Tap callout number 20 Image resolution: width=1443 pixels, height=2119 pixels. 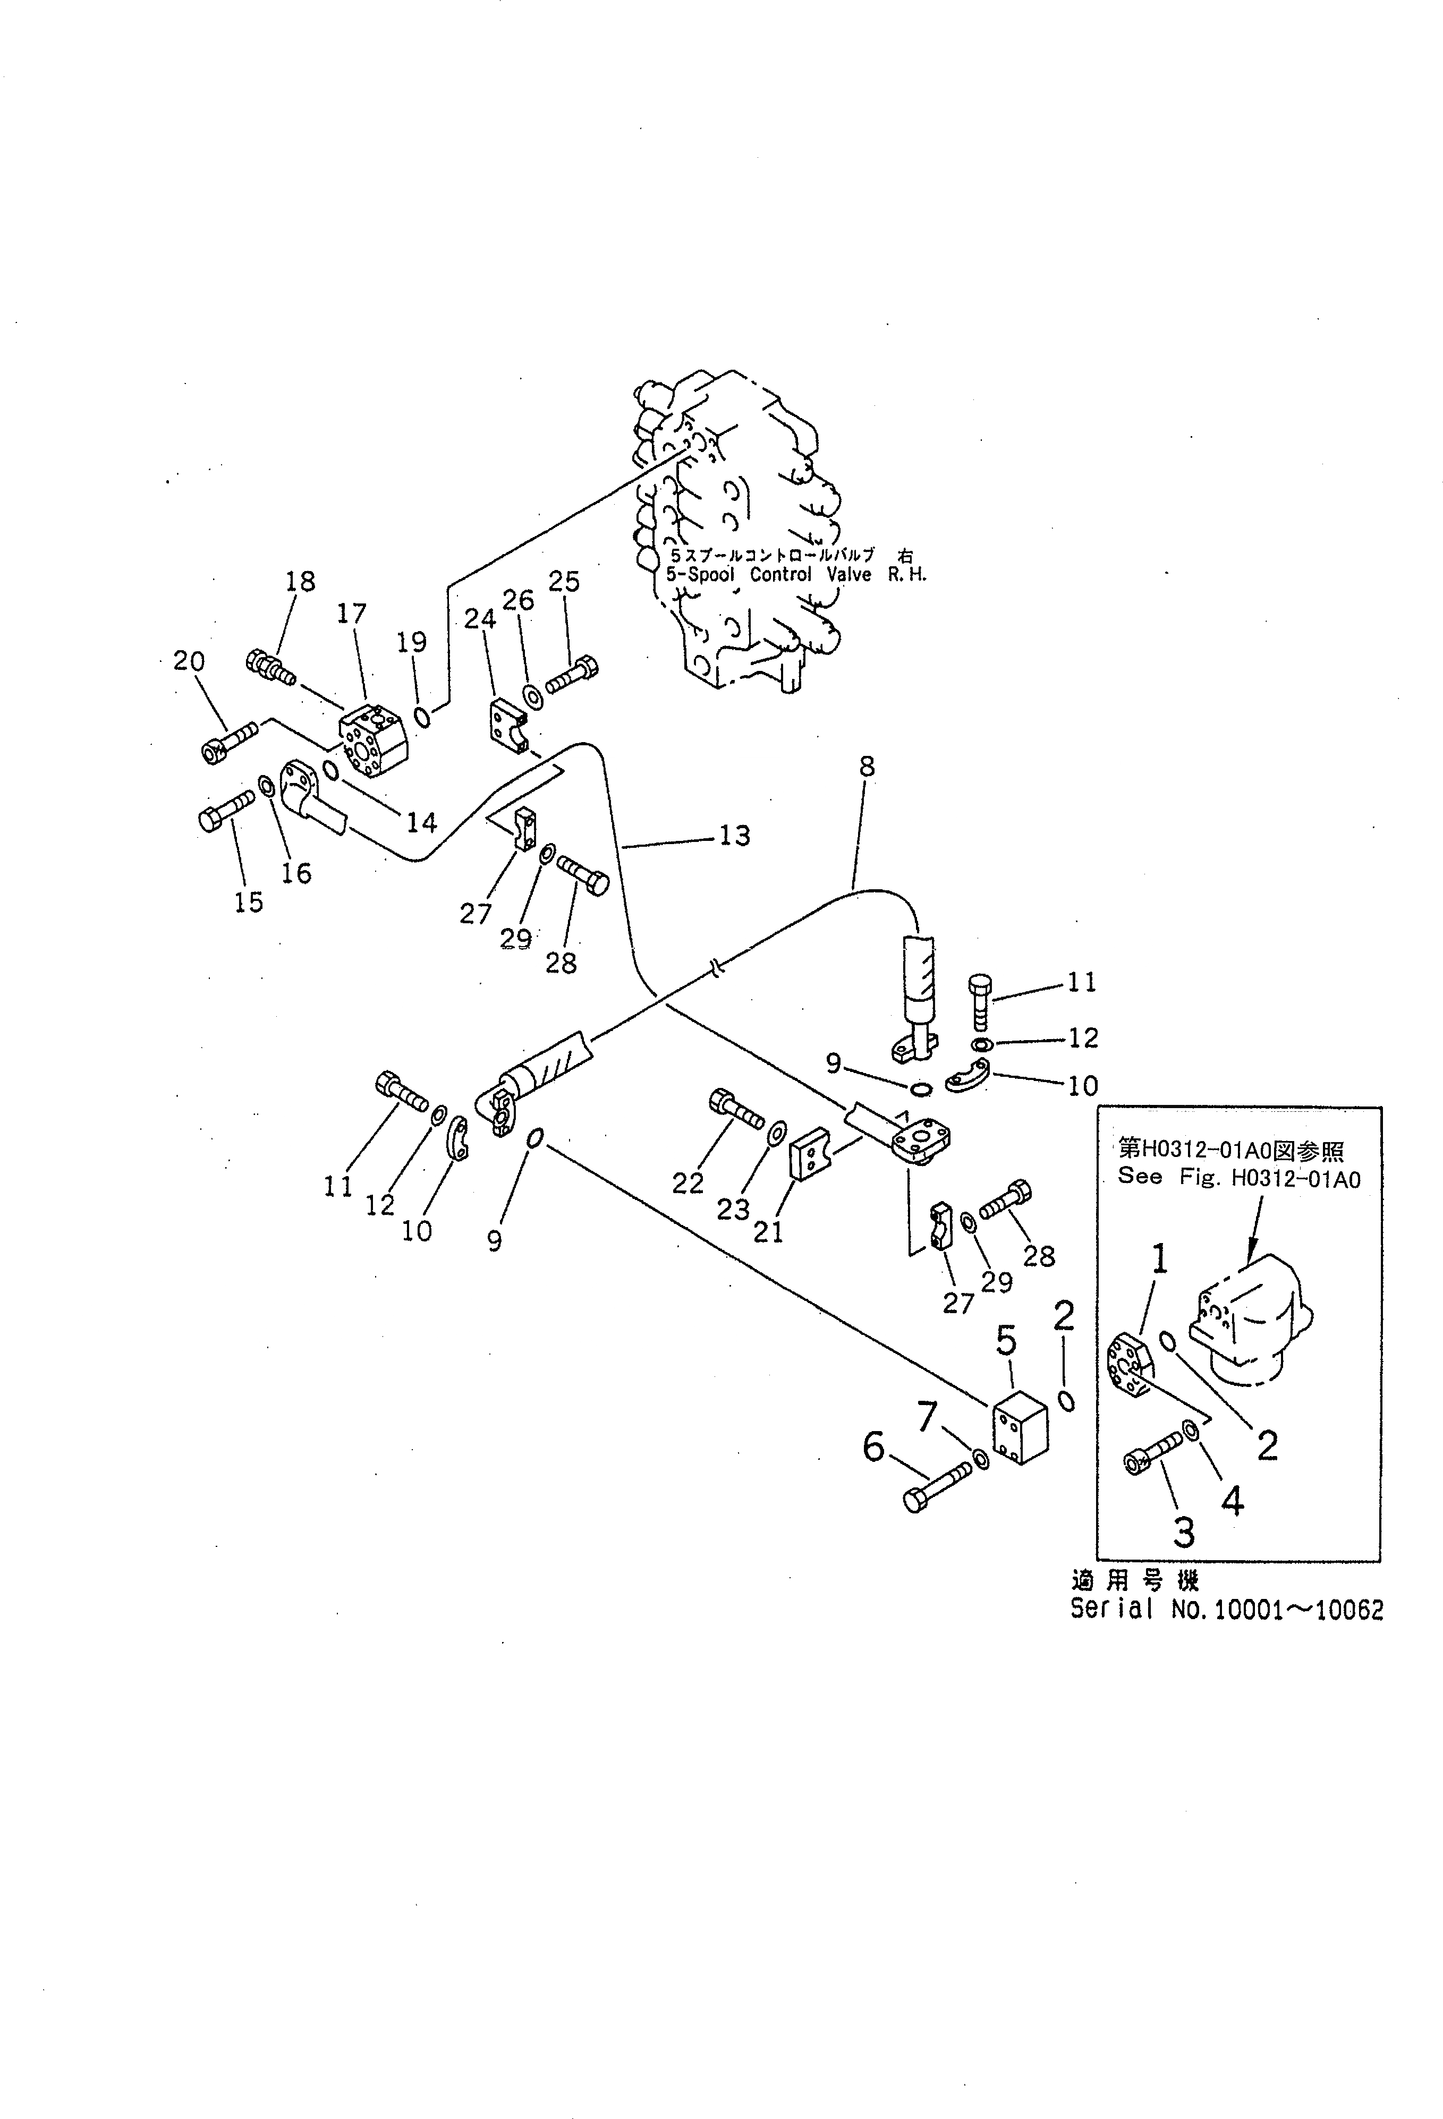(x=189, y=661)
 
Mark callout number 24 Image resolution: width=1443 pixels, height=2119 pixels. (x=480, y=619)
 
